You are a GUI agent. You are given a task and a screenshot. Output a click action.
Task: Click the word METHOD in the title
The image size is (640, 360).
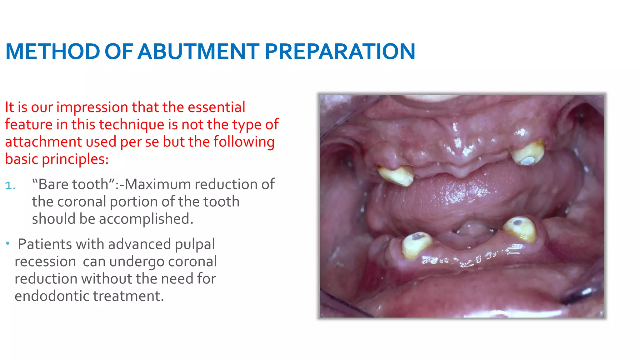point(52,52)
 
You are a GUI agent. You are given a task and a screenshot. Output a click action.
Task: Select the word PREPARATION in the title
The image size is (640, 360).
point(340,52)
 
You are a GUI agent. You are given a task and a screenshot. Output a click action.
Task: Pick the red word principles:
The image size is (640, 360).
point(75,159)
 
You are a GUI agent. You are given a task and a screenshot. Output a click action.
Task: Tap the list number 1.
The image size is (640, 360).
point(10,186)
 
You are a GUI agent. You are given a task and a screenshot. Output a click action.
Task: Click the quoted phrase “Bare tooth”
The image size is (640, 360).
point(73,184)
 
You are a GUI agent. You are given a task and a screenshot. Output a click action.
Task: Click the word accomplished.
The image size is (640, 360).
point(146,219)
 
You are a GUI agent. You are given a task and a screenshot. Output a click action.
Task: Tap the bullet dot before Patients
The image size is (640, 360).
point(8,243)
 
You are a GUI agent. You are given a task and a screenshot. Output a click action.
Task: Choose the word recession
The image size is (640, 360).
point(45,262)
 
